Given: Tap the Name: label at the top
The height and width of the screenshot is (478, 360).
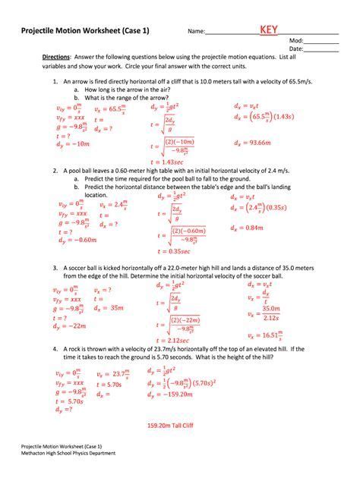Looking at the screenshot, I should point(197,32).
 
